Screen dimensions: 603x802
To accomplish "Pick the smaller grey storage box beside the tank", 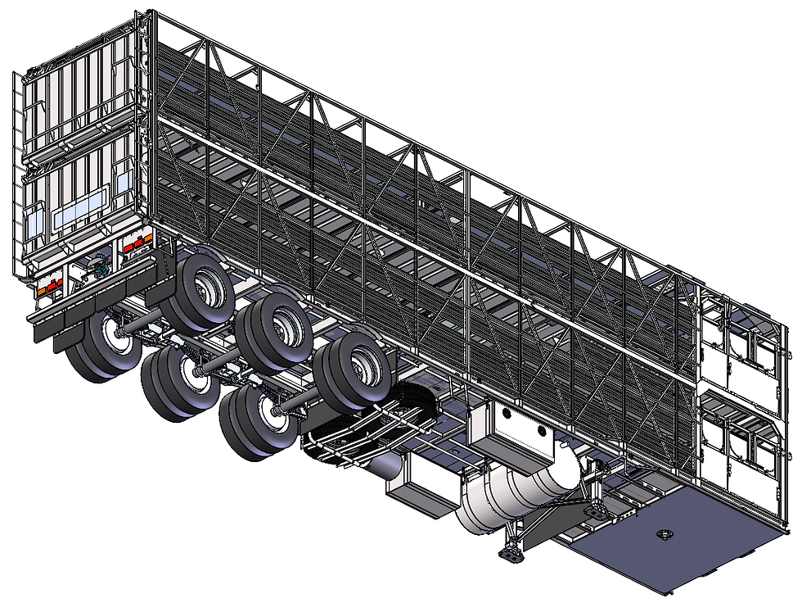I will point(419,486).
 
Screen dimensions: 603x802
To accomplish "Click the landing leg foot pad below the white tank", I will point(511,555).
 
